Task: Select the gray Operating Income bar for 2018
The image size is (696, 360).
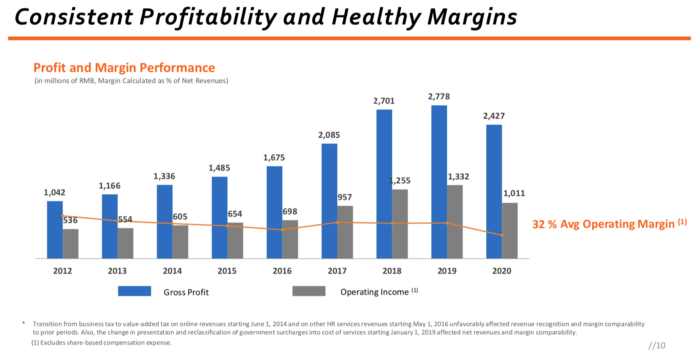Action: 400,224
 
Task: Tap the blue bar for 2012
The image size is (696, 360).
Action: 55,230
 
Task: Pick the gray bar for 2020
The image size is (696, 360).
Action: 510,231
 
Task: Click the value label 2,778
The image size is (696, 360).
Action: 439,97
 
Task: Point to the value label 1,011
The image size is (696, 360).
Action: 514,193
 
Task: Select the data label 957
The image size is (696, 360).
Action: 345,197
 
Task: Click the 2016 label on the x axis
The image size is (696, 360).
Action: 282,271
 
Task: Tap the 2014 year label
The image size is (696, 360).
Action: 172,271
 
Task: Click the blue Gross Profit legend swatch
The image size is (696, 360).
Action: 134,291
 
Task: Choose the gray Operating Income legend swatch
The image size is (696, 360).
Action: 309,291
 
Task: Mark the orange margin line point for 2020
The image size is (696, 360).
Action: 502,236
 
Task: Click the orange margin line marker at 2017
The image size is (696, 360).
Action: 337,222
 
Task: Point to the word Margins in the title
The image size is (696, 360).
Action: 472,17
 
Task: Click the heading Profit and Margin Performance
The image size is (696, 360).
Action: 124,68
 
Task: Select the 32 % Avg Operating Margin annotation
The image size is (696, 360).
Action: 609,224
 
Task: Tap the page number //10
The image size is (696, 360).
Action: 657,345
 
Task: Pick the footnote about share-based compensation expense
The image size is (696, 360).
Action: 101,343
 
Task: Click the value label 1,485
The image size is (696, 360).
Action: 219,168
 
